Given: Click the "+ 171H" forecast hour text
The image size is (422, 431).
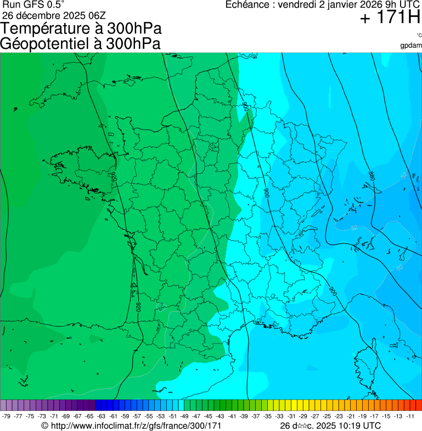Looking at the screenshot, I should click(x=390, y=18).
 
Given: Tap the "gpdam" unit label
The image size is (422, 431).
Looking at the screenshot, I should click(x=411, y=46).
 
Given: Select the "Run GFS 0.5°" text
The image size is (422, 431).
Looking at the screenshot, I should click(x=33, y=4).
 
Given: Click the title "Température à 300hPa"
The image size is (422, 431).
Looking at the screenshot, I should click(x=81, y=29).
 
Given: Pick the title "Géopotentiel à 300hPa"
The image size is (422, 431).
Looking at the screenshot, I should click(x=81, y=44).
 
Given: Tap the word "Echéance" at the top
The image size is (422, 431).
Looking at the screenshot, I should click(x=250, y=5).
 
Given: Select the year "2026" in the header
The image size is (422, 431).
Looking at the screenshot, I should click(x=373, y=5).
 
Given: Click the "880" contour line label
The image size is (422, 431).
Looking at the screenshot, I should click(x=372, y=176).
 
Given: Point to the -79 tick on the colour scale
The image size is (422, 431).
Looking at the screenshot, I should click(x=7, y=416).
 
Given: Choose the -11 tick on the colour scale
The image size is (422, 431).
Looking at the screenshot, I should click(x=410, y=416).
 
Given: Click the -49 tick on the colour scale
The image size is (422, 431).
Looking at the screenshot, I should click(x=184, y=416).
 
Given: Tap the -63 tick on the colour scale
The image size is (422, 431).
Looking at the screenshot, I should click(x=102, y=416).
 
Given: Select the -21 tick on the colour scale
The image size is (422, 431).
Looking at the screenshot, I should click(x=351, y=416).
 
